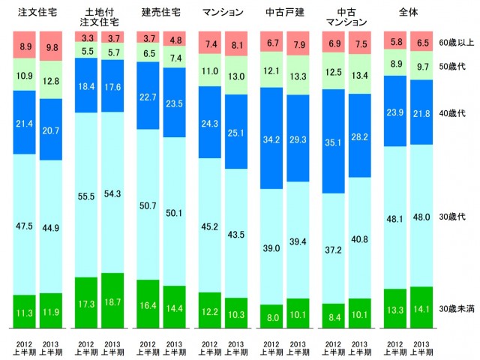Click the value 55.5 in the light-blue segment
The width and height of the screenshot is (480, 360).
coord(86,194)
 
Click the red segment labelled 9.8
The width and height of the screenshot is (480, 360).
coord(51,46)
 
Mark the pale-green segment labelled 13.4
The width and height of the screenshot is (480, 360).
coord(361,81)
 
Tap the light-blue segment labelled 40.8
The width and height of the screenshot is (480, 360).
coord(361,241)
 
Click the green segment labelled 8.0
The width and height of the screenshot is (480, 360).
coord(271,316)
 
